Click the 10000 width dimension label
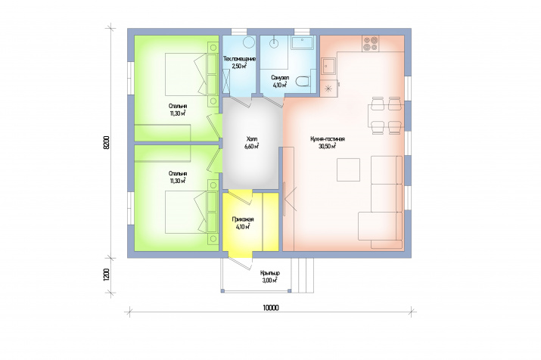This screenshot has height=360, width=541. [271, 308]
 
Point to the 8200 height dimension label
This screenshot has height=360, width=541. [107, 142]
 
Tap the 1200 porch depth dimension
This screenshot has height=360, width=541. [107, 275]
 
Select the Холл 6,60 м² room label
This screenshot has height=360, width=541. [251, 142]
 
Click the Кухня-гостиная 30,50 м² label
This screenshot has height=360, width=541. [328, 142]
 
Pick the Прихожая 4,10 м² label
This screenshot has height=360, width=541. [243, 223]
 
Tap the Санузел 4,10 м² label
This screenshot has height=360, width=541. [280, 82]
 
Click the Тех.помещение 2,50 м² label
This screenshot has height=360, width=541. [239, 63]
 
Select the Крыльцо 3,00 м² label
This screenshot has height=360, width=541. [270, 277]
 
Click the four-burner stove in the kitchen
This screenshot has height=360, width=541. [370, 44]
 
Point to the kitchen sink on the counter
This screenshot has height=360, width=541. [328, 67]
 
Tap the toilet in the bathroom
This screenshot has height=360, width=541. [303, 82]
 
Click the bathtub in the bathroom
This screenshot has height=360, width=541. [302, 42]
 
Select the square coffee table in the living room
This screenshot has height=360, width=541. [349, 169]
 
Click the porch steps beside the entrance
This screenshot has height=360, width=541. [303, 275]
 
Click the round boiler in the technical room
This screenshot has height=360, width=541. [249, 42]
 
